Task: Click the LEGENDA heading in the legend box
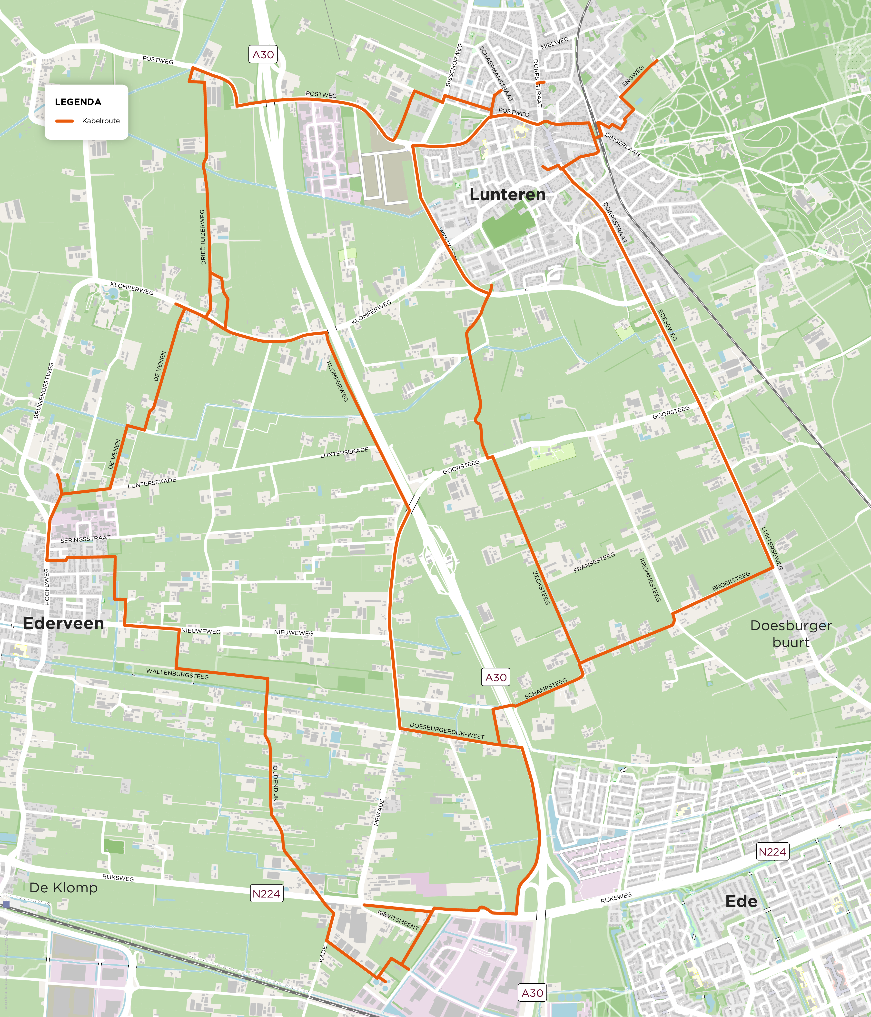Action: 78,102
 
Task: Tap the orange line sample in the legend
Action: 64,121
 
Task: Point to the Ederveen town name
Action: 64,623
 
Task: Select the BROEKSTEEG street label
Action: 731,581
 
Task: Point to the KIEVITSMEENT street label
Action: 398,919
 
